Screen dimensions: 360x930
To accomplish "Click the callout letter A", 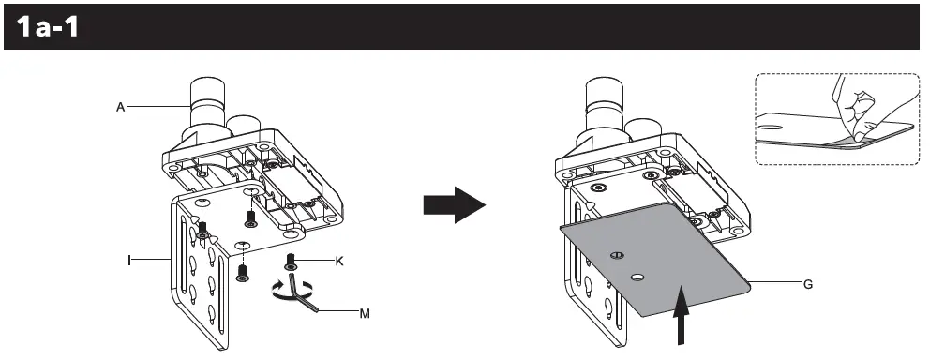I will (x=121, y=108).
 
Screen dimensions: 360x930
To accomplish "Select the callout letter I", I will (x=128, y=254).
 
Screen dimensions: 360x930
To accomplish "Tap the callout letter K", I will (x=339, y=261).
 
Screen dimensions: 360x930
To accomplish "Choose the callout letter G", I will (x=807, y=282).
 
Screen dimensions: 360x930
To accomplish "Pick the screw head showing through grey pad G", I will (x=617, y=255).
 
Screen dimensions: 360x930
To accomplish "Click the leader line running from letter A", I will (x=159, y=108).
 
